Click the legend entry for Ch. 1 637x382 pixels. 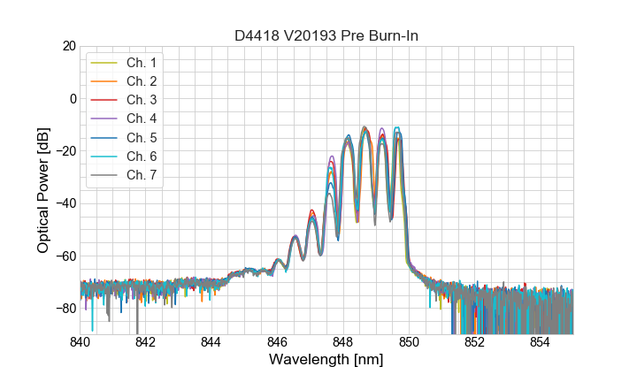[x=141, y=63]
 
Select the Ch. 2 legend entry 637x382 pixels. [x=141, y=81]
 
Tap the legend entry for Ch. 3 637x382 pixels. [x=141, y=100]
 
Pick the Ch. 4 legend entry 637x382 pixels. [x=141, y=118]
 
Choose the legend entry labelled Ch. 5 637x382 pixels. [x=141, y=138]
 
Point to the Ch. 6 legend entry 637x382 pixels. [x=141, y=157]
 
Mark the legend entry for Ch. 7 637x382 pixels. [x=141, y=175]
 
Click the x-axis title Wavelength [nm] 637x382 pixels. [x=326, y=361]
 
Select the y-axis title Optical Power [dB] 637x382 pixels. [x=43, y=190]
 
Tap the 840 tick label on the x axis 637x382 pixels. [x=81, y=343]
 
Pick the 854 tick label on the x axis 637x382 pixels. [x=541, y=343]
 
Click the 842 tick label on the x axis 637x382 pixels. [x=146, y=343]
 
